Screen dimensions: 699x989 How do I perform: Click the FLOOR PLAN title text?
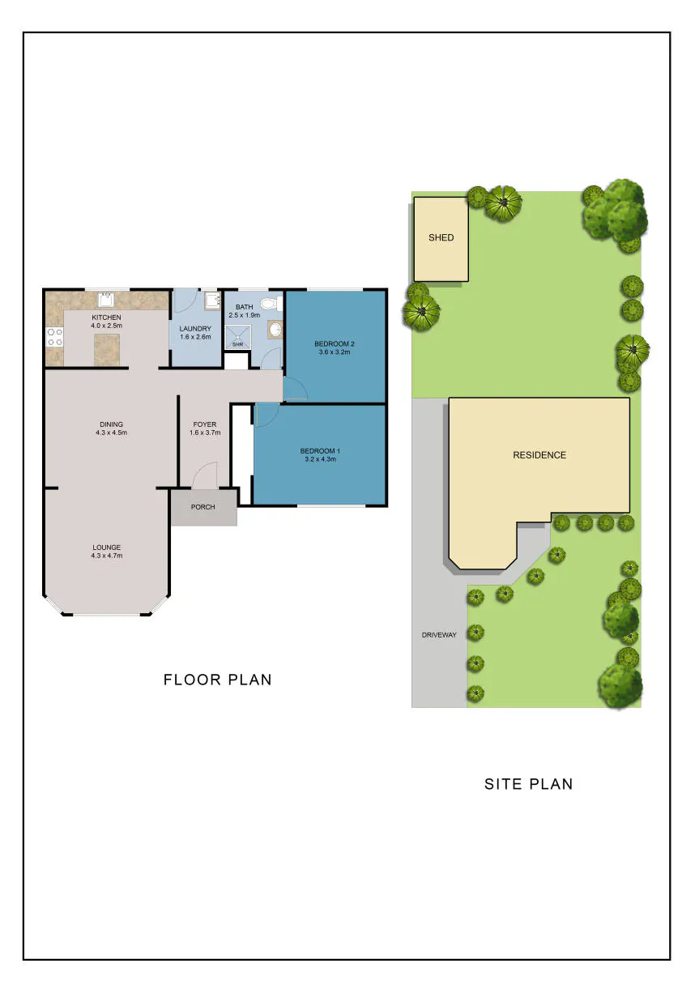pyautogui.click(x=217, y=680)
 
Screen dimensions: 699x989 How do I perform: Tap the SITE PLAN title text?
pyautogui.click(x=529, y=784)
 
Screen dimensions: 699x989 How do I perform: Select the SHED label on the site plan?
pyautogui.click(x=441, y=237)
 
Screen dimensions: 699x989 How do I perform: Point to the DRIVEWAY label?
pyautogui.click(x=439, y=635)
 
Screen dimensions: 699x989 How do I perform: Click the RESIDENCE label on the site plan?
pyautogui.click(x=539, y=454)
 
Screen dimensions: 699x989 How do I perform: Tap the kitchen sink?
pyautogui.click(x=106, y=300)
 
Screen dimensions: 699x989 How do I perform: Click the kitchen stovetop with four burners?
pyautogui.click(x=55, y=336)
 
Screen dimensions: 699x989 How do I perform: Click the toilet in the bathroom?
pyautogui.click(x=271, y=303)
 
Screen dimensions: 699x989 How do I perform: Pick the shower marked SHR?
pyautogui.click(x=237, y=337)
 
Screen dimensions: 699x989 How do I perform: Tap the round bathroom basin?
pyautogui.click(x=275, y=330)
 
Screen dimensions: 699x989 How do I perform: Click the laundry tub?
pyautogui.click(x=212, y=301)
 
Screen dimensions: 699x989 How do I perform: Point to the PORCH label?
pyautogui.click(x=203, y=507)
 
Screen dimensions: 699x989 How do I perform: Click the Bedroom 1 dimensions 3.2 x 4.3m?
pyautogui.click(x=320, y=459)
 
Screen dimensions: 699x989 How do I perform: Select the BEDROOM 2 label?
pyautogui.click(x=335, y=344)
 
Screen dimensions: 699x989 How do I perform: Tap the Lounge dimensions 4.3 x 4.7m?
pyautogui.click(x=107, y=556)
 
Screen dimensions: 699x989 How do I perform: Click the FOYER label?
pyautogui.click(x=205, y=424)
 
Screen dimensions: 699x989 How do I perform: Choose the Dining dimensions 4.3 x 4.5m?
pyautogui.click(x=111, y=433)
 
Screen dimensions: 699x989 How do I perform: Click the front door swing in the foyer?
pyautogui.click(x=204, y=475)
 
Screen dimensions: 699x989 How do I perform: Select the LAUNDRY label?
pyautogui.click(x=195, y=329)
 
